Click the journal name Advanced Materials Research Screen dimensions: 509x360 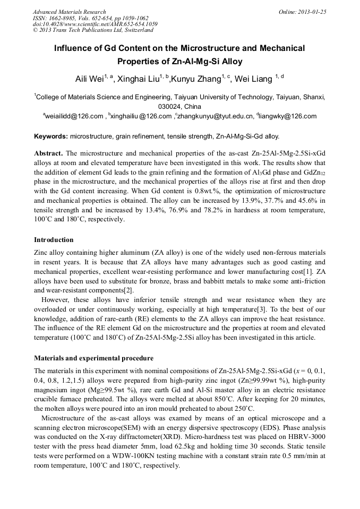tap(69, 12)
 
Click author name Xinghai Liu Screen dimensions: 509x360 tap(140, 80)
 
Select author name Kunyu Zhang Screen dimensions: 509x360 tap(196, 80)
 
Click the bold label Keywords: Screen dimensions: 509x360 tap(51, 136)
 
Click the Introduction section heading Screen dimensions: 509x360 tap(54, 240)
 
